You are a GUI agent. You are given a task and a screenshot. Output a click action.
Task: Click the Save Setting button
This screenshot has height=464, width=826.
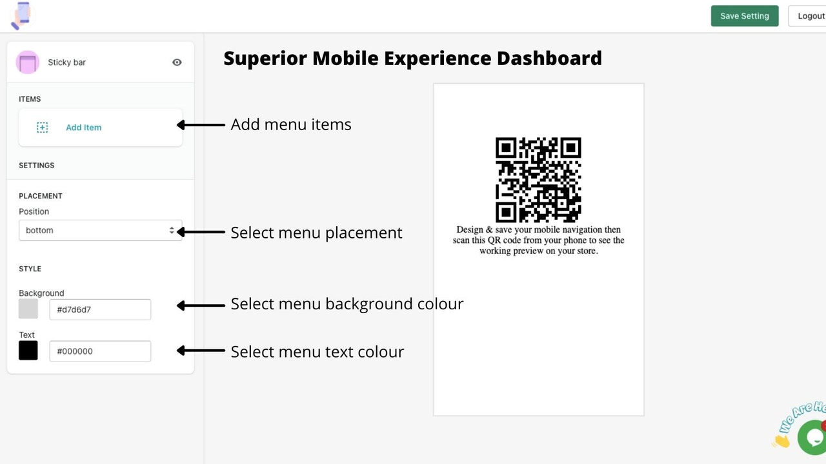coord(744,16)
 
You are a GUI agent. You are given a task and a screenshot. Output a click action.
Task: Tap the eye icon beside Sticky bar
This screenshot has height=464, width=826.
coord(177,63)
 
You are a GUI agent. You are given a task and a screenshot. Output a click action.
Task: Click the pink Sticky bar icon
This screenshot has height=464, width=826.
coord(28,63)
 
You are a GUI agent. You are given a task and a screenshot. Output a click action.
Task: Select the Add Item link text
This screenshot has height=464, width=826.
coord(83,128)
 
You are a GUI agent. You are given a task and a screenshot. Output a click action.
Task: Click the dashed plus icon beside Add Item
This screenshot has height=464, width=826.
coord(42,128)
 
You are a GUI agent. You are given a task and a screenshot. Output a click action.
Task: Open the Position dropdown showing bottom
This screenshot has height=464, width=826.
coord(100,230)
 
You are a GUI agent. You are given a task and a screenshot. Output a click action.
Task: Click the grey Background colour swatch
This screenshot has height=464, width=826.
coord(28,309)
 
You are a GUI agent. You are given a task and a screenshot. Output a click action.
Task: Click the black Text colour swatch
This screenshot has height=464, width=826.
coord(28,351)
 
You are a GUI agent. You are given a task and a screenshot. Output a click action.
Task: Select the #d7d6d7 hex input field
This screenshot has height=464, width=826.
coord(100,309)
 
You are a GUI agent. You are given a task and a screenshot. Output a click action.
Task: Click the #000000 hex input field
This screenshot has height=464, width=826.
coord(100,351)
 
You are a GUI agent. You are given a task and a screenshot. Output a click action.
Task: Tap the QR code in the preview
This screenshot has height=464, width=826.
coord(538,180)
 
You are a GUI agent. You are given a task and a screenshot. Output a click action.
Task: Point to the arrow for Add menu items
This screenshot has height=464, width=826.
coord(200,125)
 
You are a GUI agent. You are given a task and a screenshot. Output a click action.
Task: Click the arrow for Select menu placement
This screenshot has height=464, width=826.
coord(200,232)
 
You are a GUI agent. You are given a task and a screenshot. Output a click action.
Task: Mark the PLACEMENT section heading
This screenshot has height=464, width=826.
coord(41,196)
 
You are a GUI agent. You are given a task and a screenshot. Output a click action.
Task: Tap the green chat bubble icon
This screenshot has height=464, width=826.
coord(812,438)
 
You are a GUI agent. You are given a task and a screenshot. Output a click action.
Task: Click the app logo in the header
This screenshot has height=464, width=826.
coord(21,15)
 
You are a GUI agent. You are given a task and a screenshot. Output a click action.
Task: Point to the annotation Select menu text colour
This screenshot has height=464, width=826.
coord(317,352)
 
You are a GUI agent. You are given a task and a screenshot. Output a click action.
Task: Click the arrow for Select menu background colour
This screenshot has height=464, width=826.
coord(200,305)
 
